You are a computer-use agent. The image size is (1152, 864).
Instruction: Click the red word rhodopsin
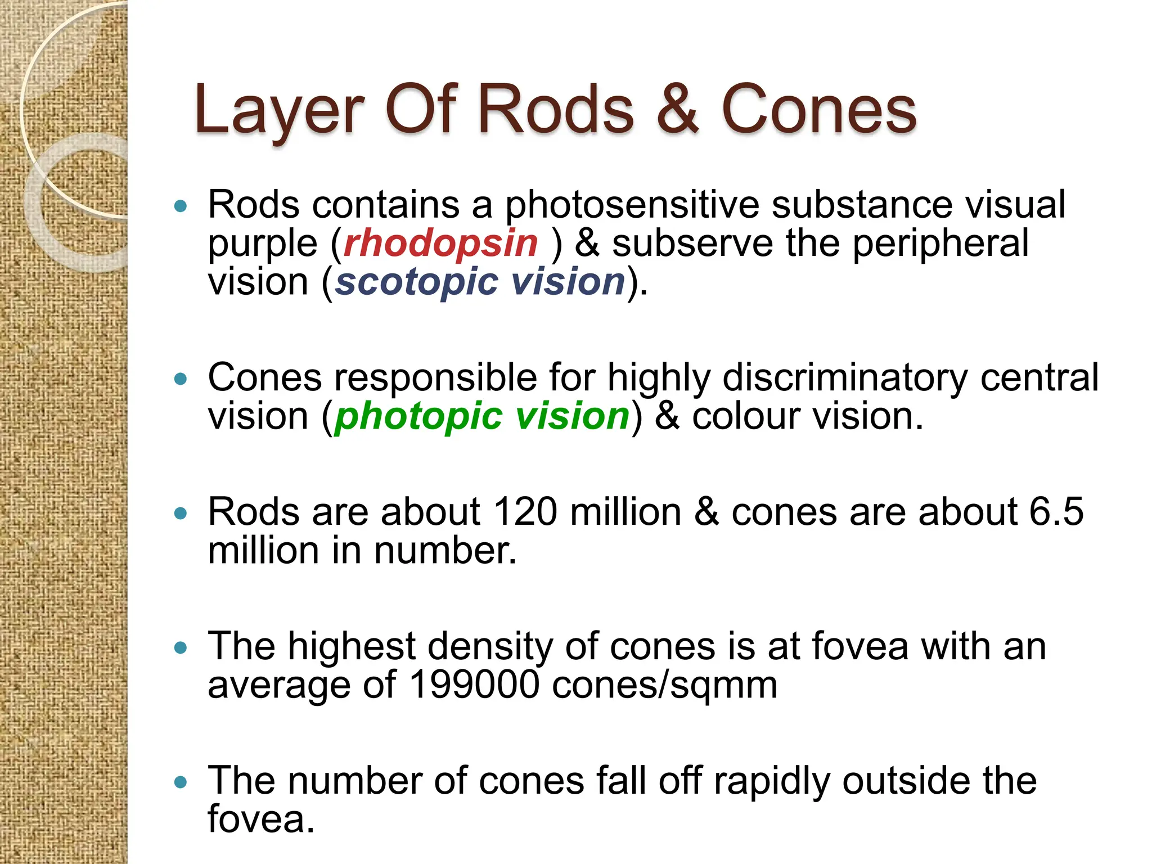440,244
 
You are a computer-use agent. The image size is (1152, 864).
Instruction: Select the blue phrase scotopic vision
480,281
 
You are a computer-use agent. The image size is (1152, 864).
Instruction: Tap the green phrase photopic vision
482,416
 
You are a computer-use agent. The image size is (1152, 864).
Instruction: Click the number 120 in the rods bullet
525,512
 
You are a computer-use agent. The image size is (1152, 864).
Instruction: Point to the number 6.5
1056,512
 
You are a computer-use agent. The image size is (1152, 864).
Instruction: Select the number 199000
475,685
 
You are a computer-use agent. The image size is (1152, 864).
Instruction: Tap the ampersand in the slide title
677,110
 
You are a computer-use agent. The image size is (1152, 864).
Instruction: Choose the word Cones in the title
819,110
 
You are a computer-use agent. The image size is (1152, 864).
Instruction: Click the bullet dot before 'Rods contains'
180,206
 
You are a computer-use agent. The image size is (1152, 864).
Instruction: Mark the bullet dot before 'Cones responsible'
180,379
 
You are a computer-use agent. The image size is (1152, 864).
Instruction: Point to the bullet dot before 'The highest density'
180,648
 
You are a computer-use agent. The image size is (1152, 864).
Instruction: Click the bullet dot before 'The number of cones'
180,782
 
